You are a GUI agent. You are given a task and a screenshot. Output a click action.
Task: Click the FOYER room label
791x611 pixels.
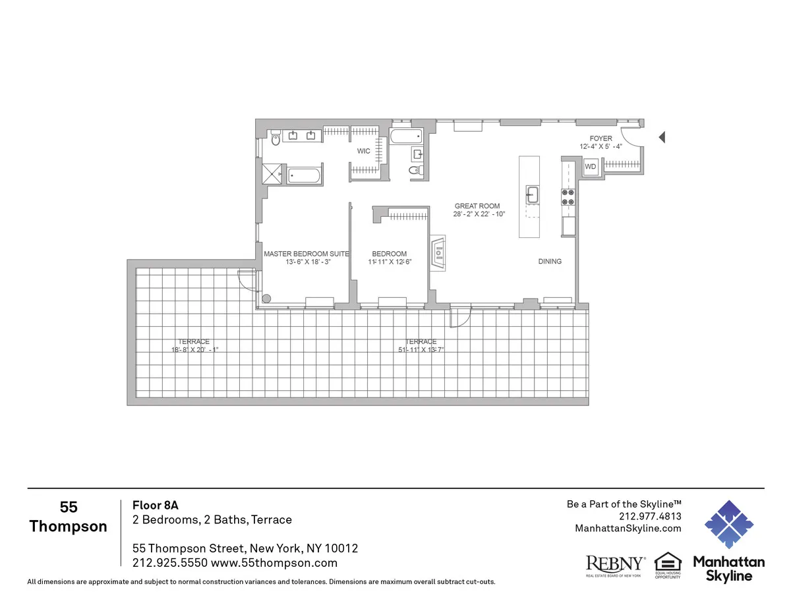coord(601,138)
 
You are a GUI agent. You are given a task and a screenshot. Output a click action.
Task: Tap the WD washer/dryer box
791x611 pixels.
coord(591,167)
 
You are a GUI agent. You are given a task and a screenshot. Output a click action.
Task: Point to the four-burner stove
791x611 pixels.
coord(568,197)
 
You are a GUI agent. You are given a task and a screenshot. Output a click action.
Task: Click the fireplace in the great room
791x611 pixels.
coord(438,254)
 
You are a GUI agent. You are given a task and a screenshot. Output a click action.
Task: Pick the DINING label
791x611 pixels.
coord(550,262)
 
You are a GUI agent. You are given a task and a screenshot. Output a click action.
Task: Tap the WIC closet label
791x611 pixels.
coord(363,151)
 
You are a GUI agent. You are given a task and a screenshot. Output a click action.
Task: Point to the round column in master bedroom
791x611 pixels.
coord(266,299)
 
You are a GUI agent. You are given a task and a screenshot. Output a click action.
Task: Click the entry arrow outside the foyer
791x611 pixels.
coord(662,137)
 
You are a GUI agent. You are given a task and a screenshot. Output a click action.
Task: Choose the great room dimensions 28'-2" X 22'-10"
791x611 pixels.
coord(480,214)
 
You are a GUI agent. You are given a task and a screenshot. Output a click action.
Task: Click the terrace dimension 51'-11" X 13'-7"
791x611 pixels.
coord(421,349)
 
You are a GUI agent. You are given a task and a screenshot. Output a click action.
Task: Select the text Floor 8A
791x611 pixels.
coord(156,506)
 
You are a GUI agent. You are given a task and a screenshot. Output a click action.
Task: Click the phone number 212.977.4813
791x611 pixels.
coord(650,516)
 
